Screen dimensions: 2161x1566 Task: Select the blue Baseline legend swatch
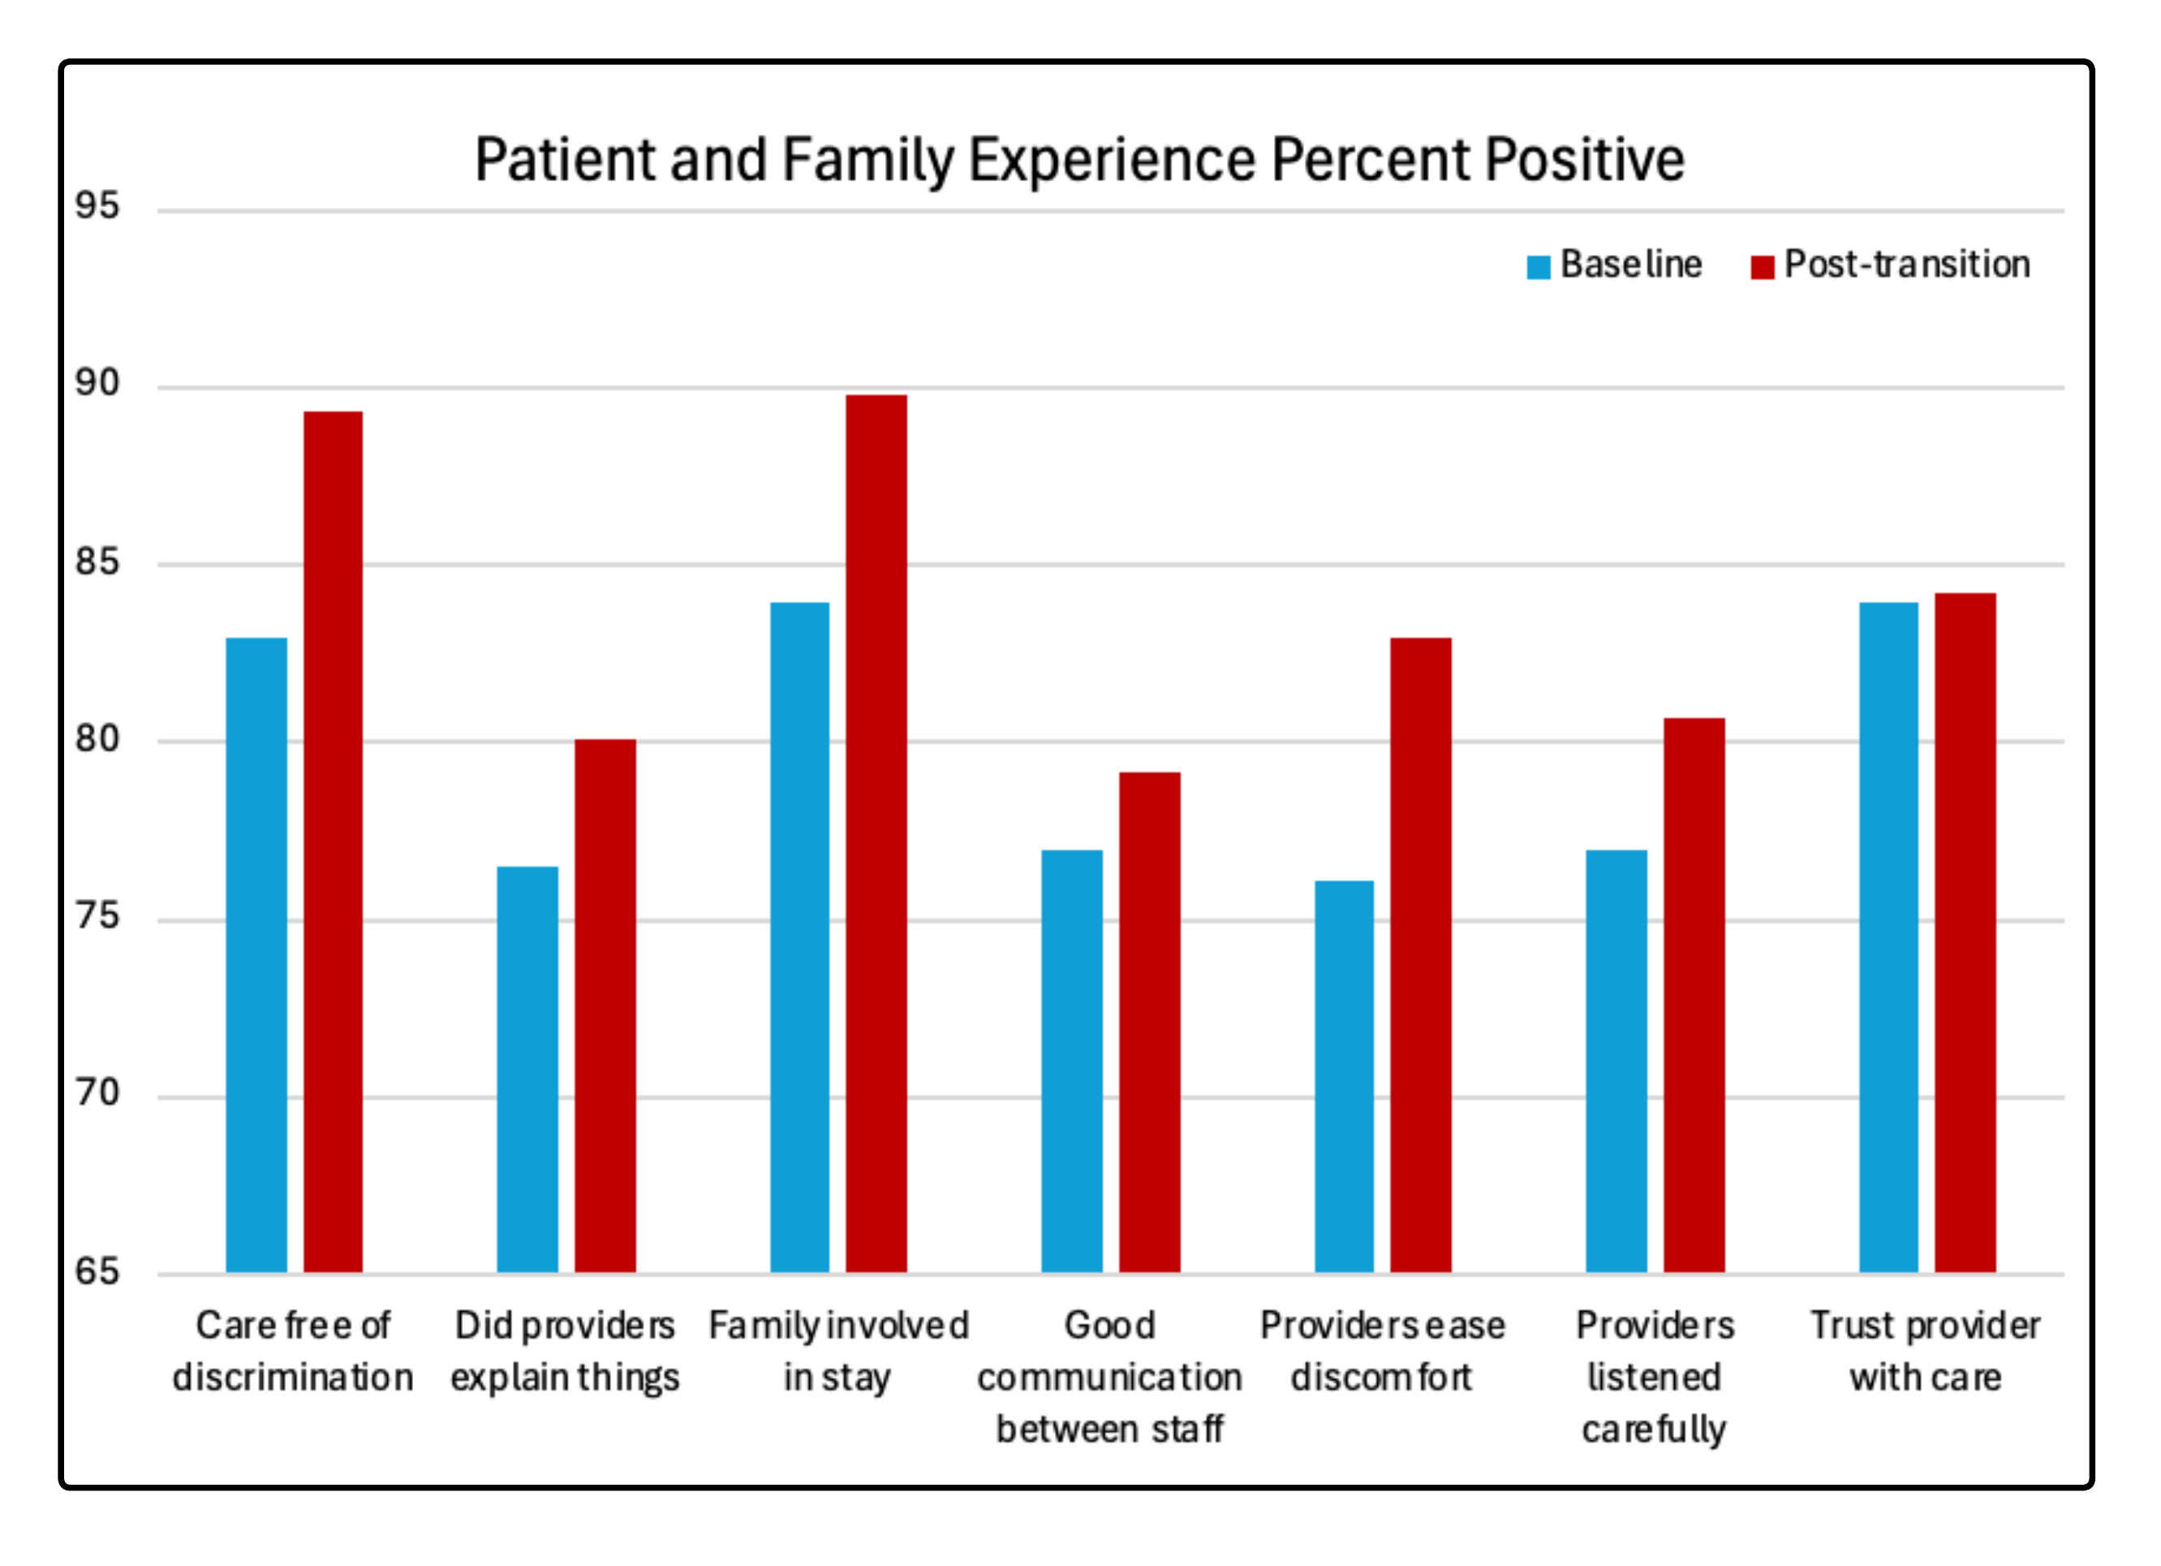tap(1538, 267)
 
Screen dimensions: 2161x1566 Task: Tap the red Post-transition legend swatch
tap(1762, 267)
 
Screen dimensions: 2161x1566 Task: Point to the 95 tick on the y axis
tap(97, 206)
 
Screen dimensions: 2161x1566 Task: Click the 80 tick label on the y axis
tap(97, 739)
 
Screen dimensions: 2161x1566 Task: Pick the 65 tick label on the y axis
tap(97, 1271)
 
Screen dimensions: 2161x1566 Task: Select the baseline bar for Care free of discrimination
tap(256, 955)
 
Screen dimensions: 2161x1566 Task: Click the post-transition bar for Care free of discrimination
tap(334, 842)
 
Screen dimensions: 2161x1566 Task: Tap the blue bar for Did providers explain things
tap(527, 1069)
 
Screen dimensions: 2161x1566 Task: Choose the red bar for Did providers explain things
tap(605, 1006)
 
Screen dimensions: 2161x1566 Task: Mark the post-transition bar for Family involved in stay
tap(876, 834)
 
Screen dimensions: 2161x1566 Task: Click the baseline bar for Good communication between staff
tap(1072, 1061)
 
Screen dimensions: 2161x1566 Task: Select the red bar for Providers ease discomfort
tap(1421, 955)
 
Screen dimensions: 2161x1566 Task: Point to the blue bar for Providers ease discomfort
tap(1345, 1077)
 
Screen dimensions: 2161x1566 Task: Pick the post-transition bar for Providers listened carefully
tap(1694, 995)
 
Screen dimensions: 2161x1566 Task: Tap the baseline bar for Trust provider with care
tap(1888, 938)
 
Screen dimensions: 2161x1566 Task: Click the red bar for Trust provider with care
tap(1965, 933)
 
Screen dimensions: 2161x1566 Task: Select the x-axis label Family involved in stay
tap(838, 1352)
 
